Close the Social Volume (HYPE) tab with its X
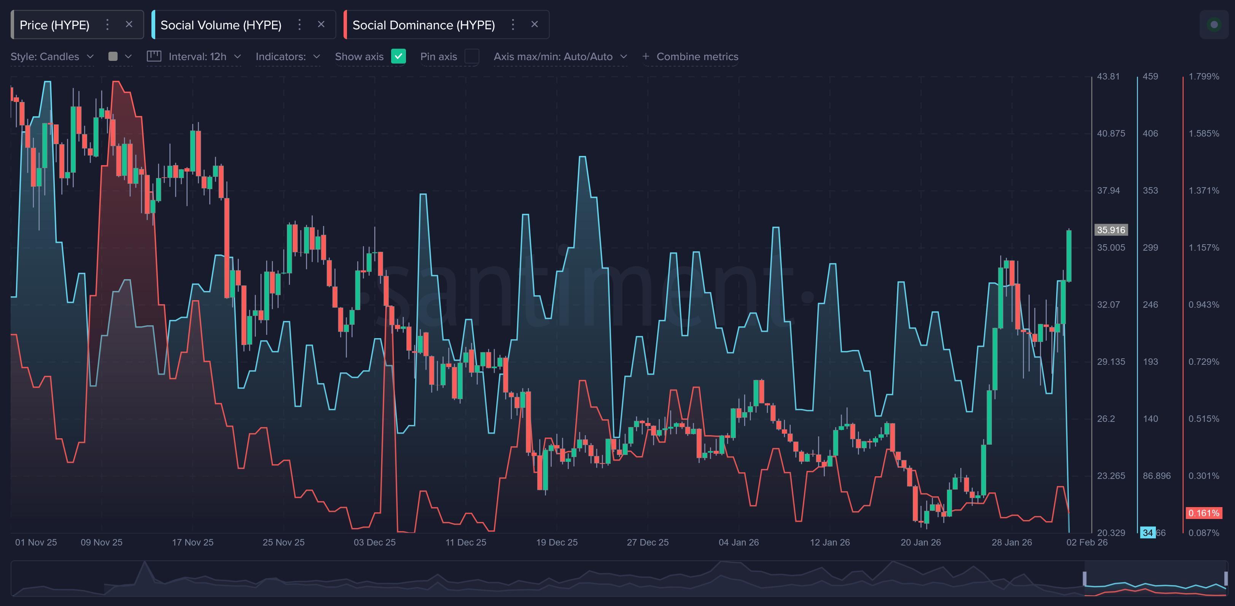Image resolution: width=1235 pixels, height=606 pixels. click(x=321, y=24)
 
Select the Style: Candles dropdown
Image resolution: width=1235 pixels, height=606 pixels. click(x=52, y=57)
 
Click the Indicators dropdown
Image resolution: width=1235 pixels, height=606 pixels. click(x=287, y=57)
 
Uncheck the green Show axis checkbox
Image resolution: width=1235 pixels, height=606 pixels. click(x=398, y=57)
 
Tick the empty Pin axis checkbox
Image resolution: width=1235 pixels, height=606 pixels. click(x=472, y=57)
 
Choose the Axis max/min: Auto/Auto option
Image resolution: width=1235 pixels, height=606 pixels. click(x=560, y=57)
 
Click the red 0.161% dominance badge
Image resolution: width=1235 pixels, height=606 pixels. click(x=1203, y=513)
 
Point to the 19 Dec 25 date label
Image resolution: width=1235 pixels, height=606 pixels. click(x=557, y=542)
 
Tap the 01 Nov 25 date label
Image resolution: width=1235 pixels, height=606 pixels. click(x=36, y=542)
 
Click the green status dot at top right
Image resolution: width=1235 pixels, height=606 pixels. click(x=1214, y=24)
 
